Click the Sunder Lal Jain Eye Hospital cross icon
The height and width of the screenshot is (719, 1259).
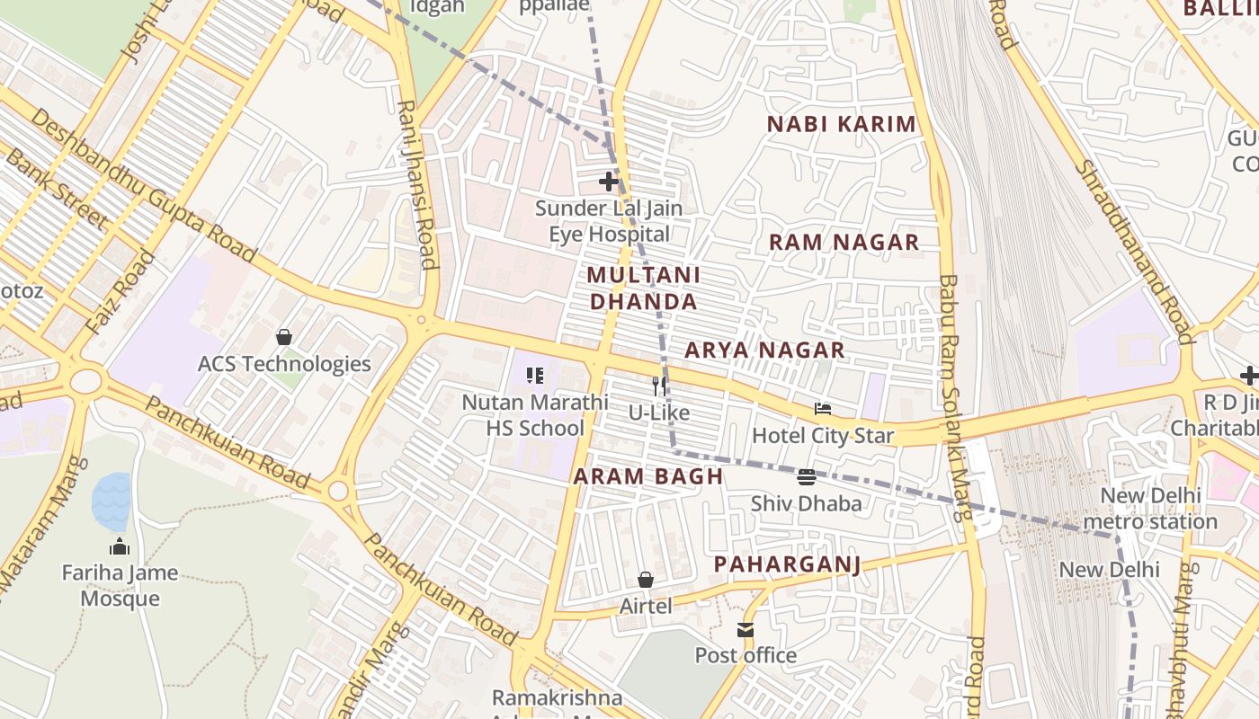click(x=609, y=181)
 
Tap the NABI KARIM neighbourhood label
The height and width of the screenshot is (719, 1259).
click(x=842, y=124)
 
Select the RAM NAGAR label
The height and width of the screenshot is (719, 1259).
click(x=844, y=242)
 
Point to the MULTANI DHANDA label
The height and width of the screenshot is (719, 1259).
click(x=644, y=288)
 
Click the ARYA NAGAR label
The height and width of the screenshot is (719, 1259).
click(x=765, y=350)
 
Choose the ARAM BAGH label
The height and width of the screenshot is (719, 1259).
click(x=648, y=476)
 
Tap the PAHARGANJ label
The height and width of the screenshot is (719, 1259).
click(x=787, y=564)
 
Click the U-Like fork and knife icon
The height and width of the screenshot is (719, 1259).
click(x=660, y=386)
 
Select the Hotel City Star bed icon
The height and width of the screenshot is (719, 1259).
click(x=822, y=410)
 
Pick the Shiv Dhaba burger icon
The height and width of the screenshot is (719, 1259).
click(x=806, y=477)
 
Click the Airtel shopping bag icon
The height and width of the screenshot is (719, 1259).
click(x=645, y=580)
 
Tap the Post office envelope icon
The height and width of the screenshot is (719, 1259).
click(x=746, y=630)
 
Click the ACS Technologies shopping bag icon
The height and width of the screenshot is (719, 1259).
click(x=284, y=337)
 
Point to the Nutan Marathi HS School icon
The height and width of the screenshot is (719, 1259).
click(x=535, y=376)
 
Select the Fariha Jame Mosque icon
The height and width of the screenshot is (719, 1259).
click(x=120, y=546)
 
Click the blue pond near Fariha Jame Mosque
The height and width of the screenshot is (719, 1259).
click(x=112, y=502)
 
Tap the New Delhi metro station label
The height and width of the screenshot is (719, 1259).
click(x=1150, y=509)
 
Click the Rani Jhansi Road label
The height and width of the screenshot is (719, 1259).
click(x=417, y=184)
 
